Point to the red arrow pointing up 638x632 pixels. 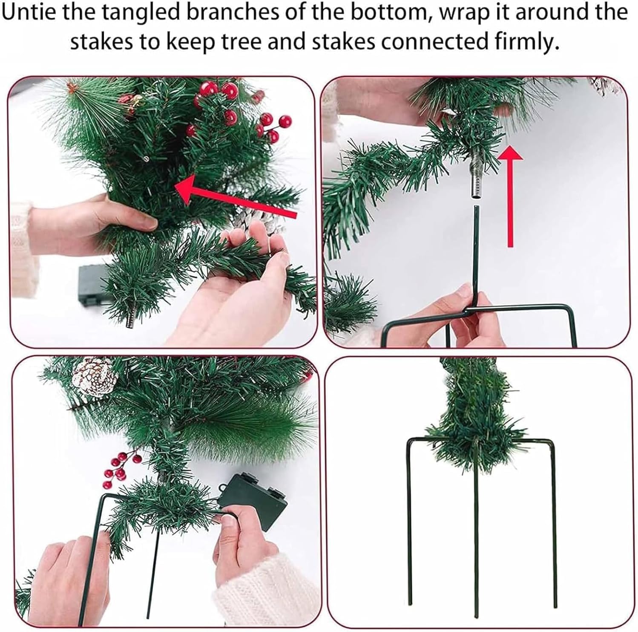point(509,196)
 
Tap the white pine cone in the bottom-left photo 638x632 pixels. point(95,378)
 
